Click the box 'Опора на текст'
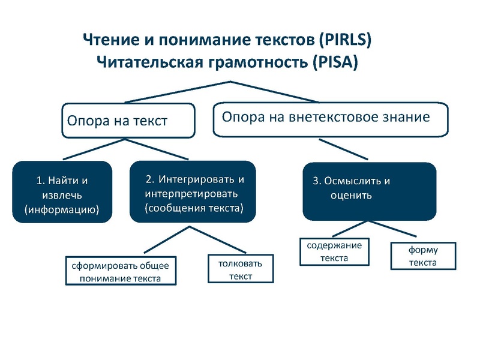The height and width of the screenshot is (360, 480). [x=128, y=121]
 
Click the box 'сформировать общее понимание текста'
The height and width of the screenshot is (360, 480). [x=121, y=271]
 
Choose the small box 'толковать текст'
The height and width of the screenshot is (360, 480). [x=240, y=269]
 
